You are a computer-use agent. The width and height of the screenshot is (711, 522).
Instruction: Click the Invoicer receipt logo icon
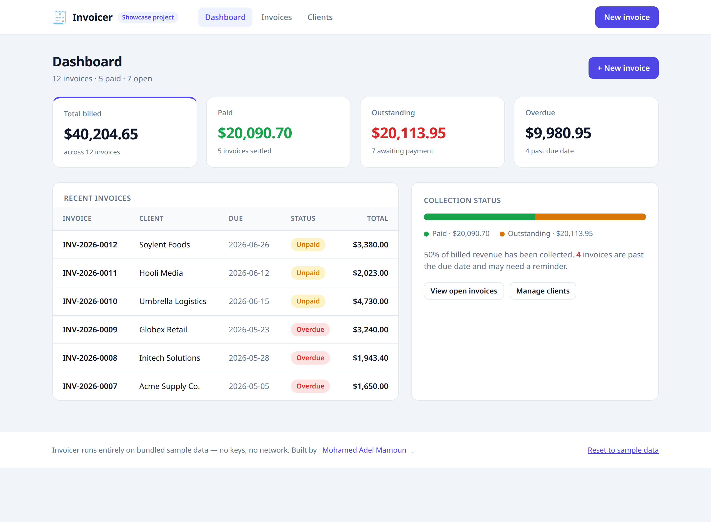(x=59, y=17)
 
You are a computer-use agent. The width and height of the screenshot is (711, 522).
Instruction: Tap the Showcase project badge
(x=148, y=17)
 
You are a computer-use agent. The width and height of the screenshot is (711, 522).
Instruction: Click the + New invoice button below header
(x=624, y=68)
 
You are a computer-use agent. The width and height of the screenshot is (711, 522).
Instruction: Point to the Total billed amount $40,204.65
(x=101, y=134)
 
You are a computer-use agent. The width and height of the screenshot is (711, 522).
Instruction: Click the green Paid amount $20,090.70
(x=255, y=133)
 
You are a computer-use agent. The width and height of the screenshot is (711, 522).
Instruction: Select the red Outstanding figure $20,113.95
(x=409, y=133)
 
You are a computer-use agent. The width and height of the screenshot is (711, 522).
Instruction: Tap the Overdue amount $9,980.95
(x=558, y=133)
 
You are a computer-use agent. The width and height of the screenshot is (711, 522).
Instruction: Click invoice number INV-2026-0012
(x=90, y=245)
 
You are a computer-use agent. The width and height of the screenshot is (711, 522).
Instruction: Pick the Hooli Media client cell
(x=161, y=273)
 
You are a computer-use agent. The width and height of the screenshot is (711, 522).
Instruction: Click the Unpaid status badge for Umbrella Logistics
(x=308, y=301)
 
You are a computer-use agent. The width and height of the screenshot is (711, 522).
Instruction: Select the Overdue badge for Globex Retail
(x=310, y=330)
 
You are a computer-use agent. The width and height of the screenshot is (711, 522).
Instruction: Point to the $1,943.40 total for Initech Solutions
(x=370, y=358)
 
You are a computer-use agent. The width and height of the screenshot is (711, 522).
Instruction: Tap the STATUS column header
(x=303, y=218)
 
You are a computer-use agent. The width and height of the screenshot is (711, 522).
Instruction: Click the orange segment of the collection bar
(x=590, y=217)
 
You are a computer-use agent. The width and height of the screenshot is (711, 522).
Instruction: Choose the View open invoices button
(x=464, y=291)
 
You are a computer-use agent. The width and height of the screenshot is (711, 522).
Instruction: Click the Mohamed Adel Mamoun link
(x=364, y=450)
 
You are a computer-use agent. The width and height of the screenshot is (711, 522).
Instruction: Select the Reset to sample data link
(x=623, y=450)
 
